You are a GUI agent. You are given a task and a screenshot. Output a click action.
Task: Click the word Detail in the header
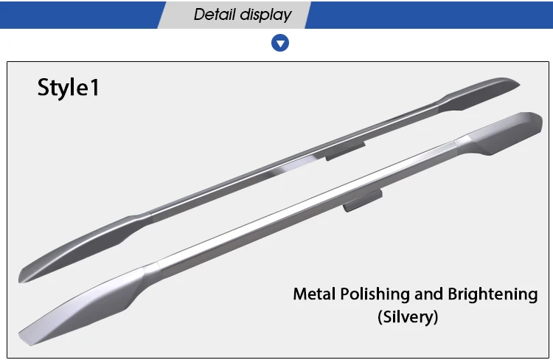click(215, 15)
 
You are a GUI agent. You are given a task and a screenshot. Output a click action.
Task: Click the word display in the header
click(265, 15)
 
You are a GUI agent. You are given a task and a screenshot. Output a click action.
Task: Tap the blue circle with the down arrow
click(280, 43)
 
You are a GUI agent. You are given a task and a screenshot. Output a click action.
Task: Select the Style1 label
click(69, 88)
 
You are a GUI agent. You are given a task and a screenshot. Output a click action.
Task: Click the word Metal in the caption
click(314, 294)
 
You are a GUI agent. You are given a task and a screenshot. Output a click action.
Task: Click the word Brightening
click(493, 294)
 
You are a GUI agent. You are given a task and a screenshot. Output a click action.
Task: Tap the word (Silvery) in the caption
click(408, 316)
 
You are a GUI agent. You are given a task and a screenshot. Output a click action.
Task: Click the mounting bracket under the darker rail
click(345, 151)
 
